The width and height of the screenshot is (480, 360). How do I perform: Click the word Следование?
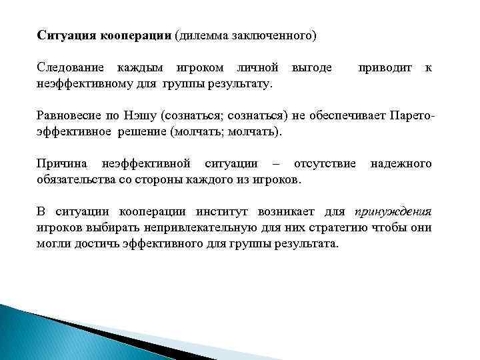(70, 68)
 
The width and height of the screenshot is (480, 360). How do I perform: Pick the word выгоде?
(311, 68)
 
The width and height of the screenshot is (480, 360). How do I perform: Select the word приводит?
(385, 68)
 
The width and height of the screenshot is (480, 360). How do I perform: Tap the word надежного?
(401, 163)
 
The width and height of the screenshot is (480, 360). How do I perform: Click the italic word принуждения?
(393, 212)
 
